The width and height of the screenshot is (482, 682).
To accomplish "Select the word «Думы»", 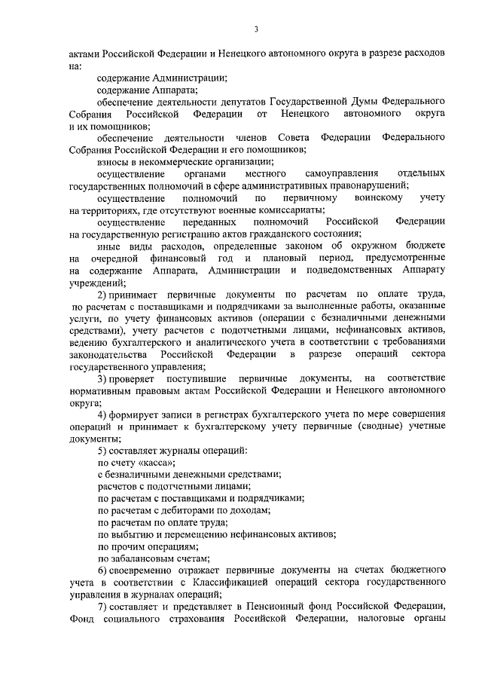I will click(353, 101).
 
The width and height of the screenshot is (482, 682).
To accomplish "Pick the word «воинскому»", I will click(365, 197).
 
